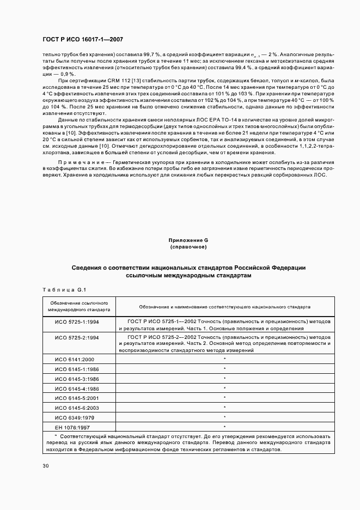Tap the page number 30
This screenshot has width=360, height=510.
[x=46, y=466]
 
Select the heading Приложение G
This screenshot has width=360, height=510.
[x=188, y=240]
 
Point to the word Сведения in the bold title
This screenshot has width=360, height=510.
[x=89, y=268]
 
